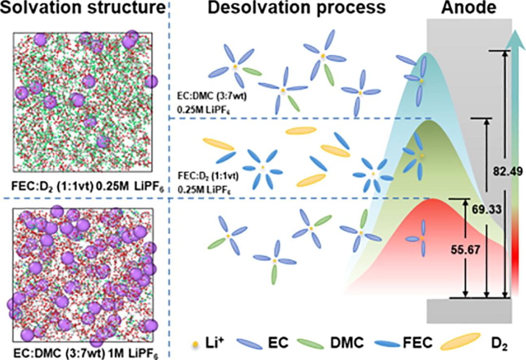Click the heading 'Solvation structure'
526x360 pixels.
coord(83,8)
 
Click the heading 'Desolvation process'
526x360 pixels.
coord(297,8)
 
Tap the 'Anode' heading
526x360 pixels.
coord(469,8)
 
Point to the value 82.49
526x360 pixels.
coord(507,171)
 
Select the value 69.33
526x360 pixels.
coord(487,209)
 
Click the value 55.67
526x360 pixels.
coord(465,249)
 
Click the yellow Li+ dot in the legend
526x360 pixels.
coord(195,344)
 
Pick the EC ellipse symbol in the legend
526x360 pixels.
coord(249,344)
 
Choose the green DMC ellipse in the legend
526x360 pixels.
coord(311,344)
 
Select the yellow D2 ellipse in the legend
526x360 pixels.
coord(460,341)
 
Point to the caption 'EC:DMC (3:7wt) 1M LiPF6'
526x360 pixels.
coord(86,353)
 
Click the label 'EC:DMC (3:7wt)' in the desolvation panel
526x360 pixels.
coord(212,97)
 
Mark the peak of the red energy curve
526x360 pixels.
coord(433,199)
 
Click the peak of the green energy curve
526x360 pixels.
coord(429,120)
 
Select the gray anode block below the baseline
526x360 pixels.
coord(469,311)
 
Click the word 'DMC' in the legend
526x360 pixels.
coord(347,343)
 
